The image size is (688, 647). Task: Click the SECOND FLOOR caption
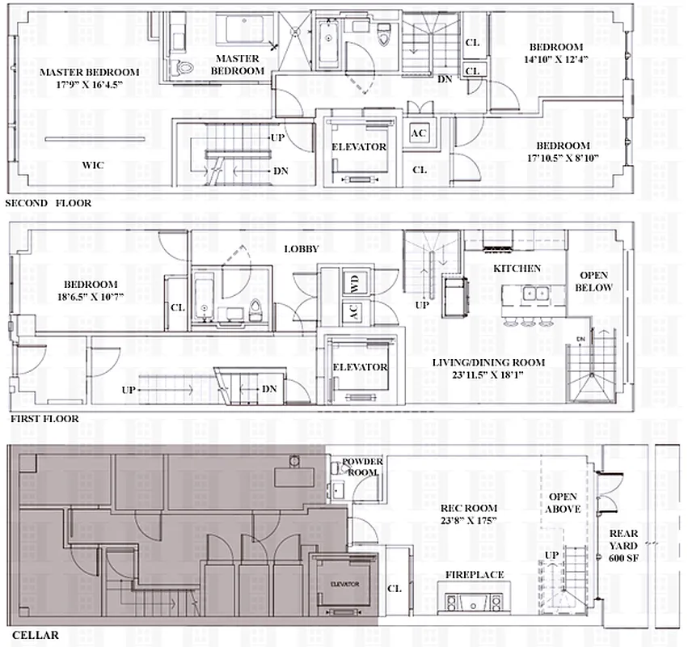(48, 203)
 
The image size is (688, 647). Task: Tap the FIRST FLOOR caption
(44, 420)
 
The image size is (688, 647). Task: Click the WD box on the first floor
(353, 283)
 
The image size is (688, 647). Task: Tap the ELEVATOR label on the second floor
(359, 147)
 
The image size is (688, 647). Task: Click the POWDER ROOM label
(362, 467)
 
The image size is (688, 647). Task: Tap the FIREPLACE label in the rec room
(475, 574)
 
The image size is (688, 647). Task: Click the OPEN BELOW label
(593, 281)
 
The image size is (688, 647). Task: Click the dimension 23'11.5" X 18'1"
(488, 375)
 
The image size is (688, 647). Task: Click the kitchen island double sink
(534, 293)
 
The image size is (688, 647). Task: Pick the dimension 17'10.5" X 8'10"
(563, 159)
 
